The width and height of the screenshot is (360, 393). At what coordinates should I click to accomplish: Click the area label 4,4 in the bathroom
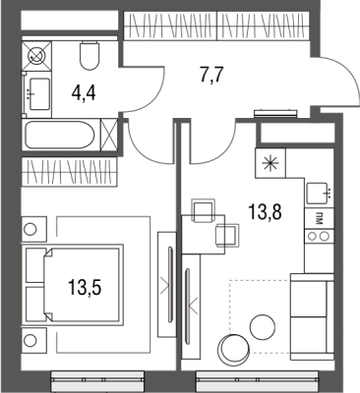[x=84, y=93]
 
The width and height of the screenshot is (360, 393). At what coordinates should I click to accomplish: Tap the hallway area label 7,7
[x=211, y=77]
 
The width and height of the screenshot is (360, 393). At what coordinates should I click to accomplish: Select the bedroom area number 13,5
[x=85, y=288]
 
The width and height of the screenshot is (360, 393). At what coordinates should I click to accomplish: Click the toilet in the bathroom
[x=90, y=55]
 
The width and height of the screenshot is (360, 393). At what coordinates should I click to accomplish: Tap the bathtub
[x=60, y=135]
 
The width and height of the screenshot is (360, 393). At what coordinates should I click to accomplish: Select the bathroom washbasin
[x=39, y=94]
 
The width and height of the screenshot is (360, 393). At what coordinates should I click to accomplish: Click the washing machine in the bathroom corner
[x=36, y=55]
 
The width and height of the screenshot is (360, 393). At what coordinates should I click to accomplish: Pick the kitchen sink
[x=317, y=194]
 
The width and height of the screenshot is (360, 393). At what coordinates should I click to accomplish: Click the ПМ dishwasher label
[x=319, y=218]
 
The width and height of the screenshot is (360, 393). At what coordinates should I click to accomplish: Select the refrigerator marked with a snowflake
[x=271, y=163]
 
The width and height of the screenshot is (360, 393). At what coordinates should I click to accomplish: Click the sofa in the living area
[x=312, y=316]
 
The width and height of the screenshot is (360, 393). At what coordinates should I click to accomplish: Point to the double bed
[x=73, y=285]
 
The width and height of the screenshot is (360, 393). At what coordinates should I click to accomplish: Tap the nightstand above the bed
[x=34, y=229]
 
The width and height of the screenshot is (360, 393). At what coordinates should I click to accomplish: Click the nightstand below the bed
[x=34, y=341]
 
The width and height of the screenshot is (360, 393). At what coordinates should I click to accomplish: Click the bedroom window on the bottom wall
[x=97, y=380]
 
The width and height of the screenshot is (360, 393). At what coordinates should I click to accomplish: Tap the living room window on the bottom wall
[x=258, y=380]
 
